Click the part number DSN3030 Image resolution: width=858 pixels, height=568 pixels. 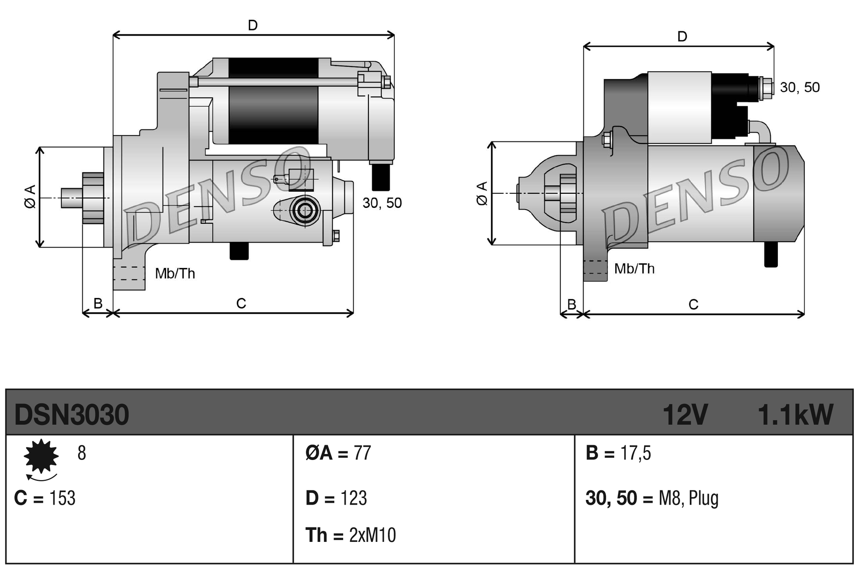coord(72,415)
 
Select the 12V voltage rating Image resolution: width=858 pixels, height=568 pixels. coord(685,415)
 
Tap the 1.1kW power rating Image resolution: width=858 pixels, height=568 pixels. coord(795,415)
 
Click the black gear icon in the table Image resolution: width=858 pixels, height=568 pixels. coord(41,456)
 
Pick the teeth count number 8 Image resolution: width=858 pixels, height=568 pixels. coord(82,453)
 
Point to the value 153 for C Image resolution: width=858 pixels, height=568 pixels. coord(63,498)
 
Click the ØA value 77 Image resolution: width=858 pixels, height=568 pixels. coord(362,453)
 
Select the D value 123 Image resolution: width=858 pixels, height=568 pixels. coord(353,498)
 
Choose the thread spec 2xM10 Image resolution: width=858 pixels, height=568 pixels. coord(372,535)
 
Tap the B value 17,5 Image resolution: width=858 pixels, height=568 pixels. coord(635,453)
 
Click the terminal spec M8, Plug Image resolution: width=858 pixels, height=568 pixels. coord(688,498)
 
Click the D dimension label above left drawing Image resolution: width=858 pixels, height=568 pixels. coord(253,25)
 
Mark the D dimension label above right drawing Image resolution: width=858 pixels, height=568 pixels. coord(682,36)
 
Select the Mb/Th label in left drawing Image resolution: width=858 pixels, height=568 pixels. coord(175,273)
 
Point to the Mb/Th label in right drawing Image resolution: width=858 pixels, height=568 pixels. coord(634,269)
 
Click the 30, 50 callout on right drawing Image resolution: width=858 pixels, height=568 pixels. coord(800,87)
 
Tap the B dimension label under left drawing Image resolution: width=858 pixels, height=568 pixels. coord(98,303)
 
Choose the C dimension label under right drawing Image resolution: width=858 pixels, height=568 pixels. coord(693,304)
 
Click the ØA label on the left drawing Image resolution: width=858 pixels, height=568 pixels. coord(30,197)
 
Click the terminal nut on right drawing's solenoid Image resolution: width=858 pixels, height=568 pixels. coord(766,88)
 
